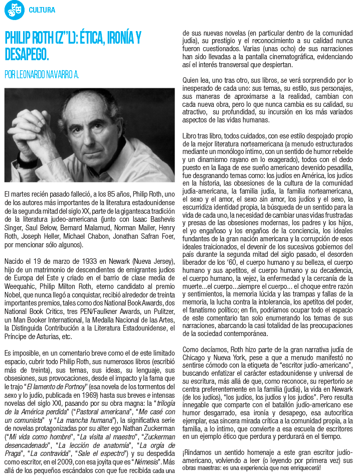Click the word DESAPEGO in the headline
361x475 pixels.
[26, 54]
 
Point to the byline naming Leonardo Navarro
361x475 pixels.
[42, 75]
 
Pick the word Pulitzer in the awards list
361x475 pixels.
[159, 310]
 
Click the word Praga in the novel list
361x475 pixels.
[15, 453]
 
